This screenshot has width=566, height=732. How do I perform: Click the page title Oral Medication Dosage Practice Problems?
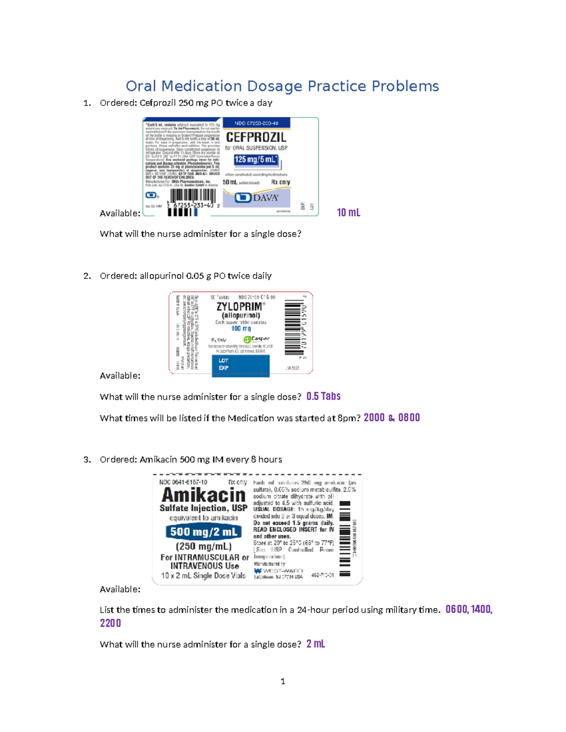[282, 86]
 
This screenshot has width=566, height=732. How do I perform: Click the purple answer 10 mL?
[348, 213]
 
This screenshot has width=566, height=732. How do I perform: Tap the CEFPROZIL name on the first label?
[256, 137]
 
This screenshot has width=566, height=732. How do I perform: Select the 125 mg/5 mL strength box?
[256, 160]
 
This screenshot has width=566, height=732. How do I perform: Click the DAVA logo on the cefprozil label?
[257, 197]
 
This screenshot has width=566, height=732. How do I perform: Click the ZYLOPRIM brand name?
[240, 307]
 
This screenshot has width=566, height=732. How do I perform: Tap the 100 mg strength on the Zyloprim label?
[241, 329]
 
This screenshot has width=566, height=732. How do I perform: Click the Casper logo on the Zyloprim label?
[257, 339]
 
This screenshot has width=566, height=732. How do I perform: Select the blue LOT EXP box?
[241, 365]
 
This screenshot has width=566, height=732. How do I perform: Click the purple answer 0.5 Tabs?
[323, 396]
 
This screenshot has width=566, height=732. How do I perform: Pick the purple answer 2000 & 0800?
[391, 418]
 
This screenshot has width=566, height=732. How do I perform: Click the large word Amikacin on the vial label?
[203, 495]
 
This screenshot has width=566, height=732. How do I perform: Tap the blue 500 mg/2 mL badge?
[203, 532]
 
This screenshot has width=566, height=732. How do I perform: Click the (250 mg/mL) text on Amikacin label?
[203, 546]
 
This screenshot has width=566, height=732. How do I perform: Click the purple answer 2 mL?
[316, 644]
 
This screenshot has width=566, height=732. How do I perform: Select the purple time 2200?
[110, 623]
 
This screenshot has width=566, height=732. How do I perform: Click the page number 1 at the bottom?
[283, 681]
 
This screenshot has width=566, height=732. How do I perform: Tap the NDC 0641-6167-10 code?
[183, 482]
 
